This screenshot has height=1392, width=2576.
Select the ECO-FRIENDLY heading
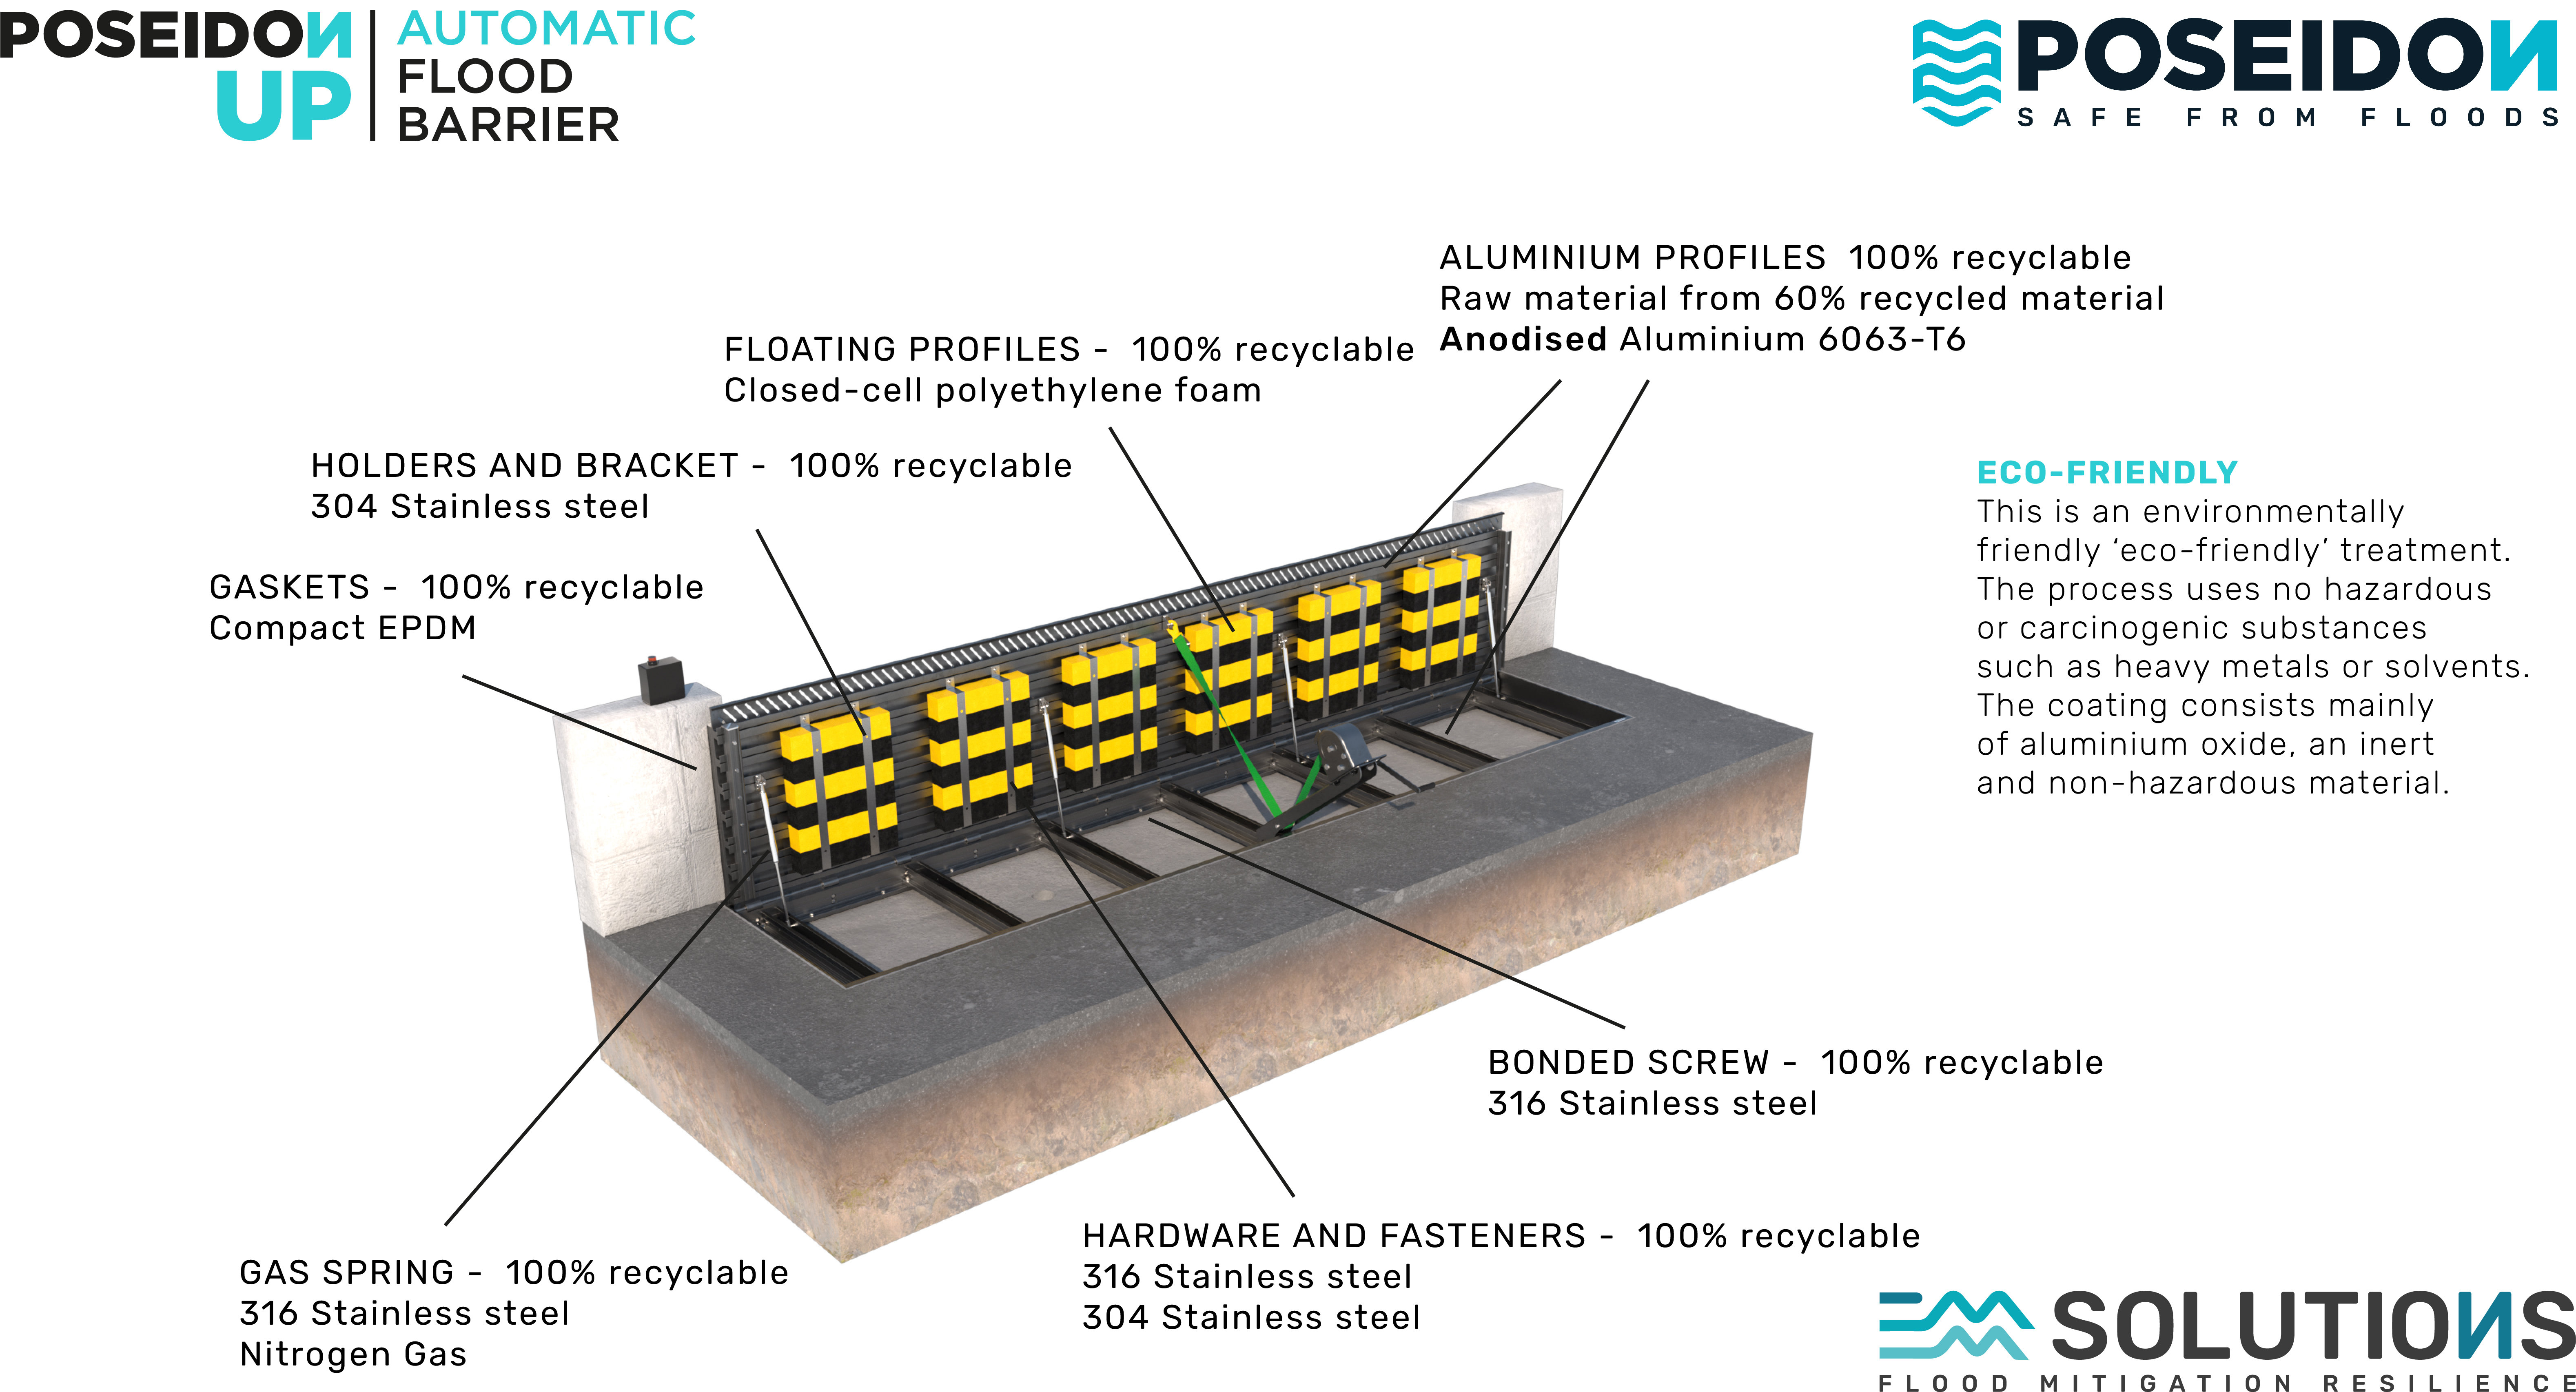coord(2107,472)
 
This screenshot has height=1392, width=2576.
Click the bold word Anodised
coord(1522,340)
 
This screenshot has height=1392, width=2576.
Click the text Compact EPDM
coord(342,628)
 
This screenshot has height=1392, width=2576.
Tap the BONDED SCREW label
coord(1628,1062)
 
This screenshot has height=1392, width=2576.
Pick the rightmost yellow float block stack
coord(1440,615)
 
